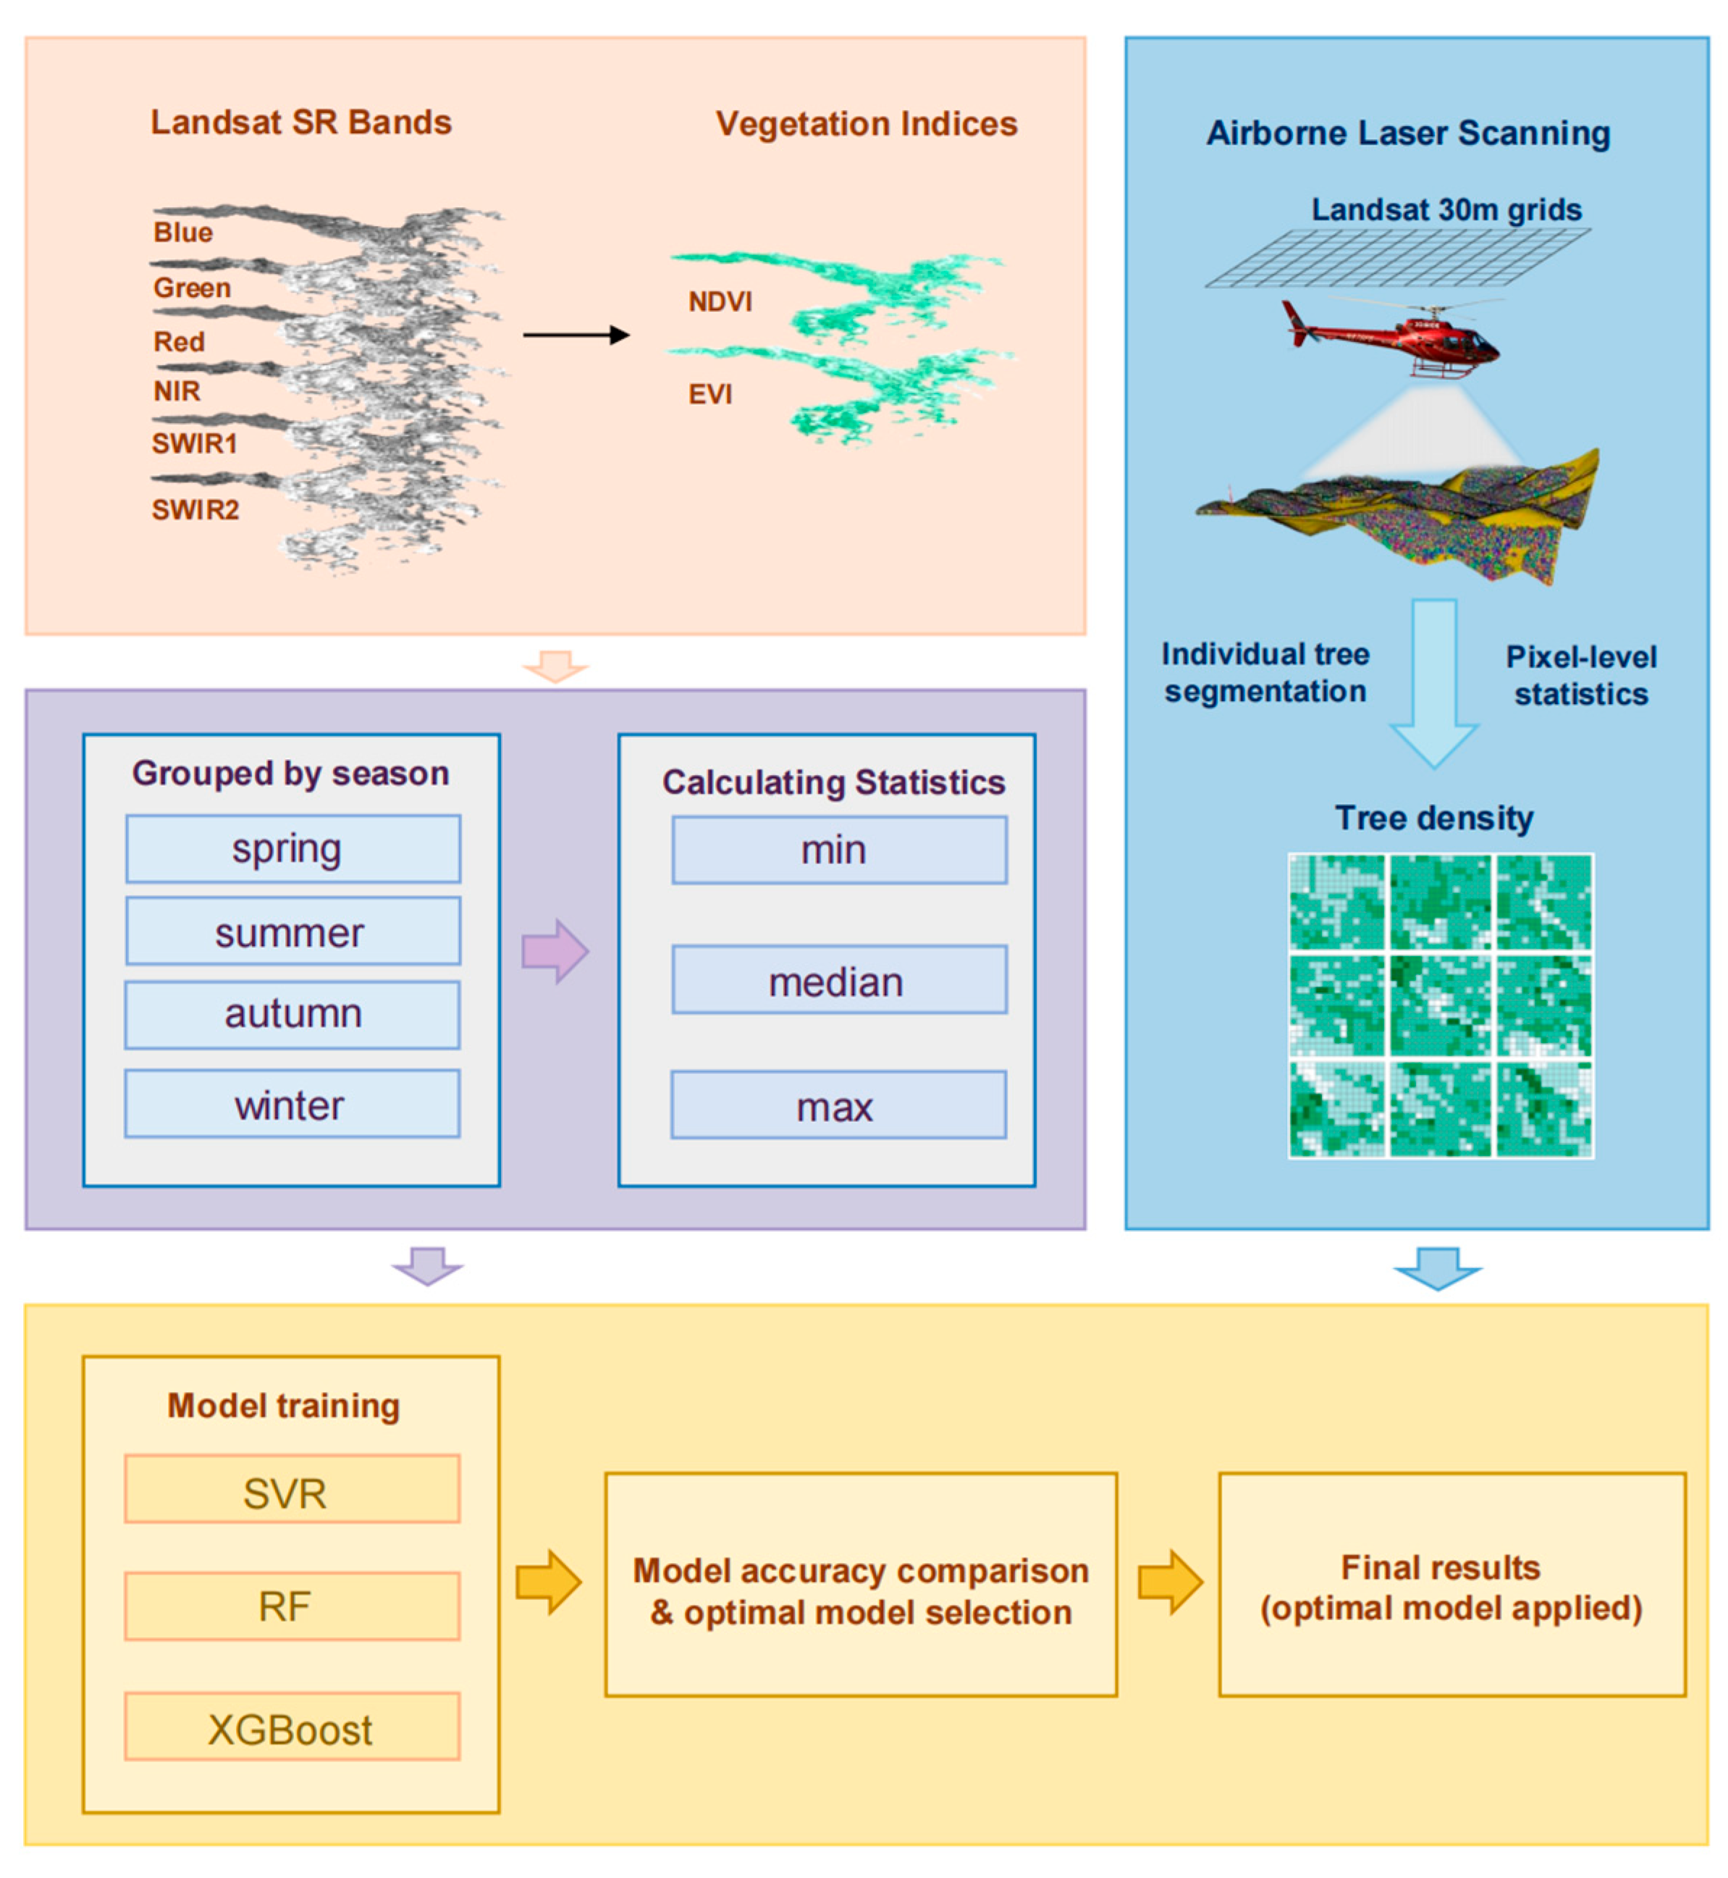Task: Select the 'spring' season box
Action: tap(292, 848)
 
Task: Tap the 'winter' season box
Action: tap(292, 1104)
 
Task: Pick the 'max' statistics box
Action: tap(838, 1104)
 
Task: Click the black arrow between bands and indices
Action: tap(575, 335)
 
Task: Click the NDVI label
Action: tap(720, 302)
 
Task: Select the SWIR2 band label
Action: tap(195, 510)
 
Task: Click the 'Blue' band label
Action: tap(183, 232)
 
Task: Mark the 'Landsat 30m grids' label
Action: tap(1446, 209)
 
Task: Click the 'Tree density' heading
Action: tap(1433, 818)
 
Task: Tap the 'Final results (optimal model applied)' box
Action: tap(1451, 1585)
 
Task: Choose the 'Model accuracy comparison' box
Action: tap(860, 1585)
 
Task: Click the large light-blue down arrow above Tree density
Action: tap(1433, 683)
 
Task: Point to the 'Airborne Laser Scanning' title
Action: tap(1408, 133)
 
